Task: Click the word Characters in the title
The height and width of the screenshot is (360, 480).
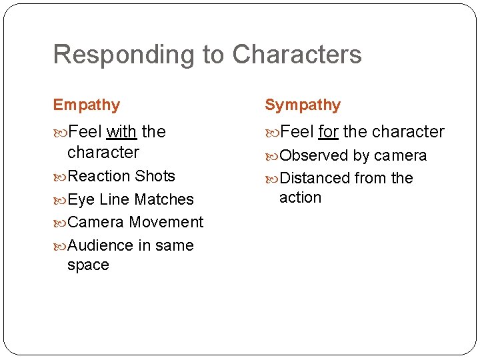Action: [x=297, y=55]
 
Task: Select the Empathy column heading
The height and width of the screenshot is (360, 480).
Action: [x=87, y=105]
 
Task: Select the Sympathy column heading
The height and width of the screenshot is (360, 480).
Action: [x=303, y=105]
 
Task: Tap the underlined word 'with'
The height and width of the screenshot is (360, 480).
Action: [x=121, y=131]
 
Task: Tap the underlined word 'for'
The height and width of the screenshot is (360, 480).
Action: [x=328, y=131]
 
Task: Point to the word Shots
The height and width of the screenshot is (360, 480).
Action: [x=155, y=176]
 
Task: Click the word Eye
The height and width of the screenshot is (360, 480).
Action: [x=81, y=199]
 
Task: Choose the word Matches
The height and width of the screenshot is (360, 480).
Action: [x=164, y=199]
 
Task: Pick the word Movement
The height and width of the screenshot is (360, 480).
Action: [x=166, y=222]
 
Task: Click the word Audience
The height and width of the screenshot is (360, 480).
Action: [x=101, y=245]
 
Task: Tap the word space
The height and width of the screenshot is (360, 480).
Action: [x=88, y=265]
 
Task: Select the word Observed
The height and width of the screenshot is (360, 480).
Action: [x=314, y=155]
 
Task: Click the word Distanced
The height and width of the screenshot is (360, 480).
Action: [x=315, y=178]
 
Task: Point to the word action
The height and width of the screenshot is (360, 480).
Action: [x=300, y=197]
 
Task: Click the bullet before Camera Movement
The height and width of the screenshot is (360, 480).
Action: [x=60, y=222]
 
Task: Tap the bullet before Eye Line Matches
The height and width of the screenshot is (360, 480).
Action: [x=60, y=199]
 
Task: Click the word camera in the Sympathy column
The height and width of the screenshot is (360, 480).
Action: [x=400, y=155]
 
